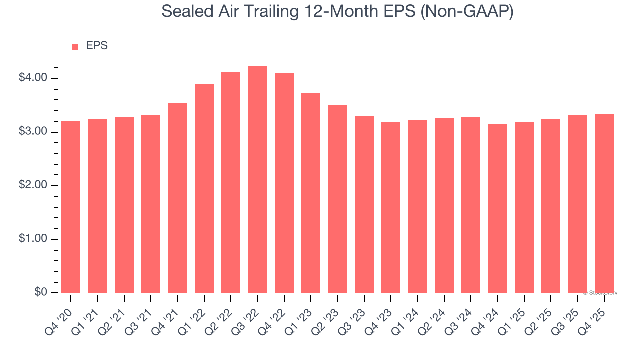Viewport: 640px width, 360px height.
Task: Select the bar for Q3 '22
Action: [258, 180]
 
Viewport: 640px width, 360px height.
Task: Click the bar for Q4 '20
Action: [71, 207]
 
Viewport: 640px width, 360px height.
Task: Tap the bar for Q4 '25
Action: [604, 203]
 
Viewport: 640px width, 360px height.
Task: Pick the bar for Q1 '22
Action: [204, 188]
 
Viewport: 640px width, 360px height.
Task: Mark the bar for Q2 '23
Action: [338, 199]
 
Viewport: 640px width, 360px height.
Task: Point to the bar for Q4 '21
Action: [178, 198]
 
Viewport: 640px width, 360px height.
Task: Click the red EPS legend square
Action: [75, 47]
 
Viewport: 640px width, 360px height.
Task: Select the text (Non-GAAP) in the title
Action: [467, 12]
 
